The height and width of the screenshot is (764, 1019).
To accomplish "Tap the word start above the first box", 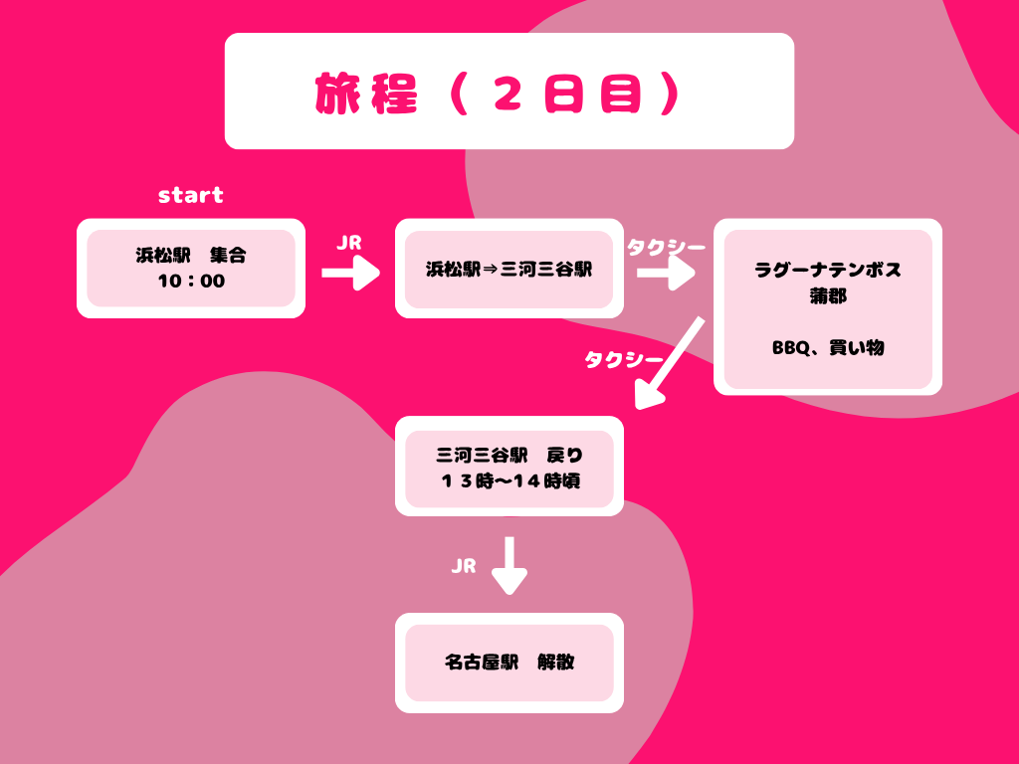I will [191, 195].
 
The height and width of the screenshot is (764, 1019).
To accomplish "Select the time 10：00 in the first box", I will [191, 282].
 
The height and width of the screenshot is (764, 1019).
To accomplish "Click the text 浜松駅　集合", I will [191, 256].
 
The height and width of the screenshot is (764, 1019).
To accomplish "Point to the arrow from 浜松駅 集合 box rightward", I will [350, 272].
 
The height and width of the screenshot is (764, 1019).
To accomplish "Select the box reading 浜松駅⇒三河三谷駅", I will [509, 269].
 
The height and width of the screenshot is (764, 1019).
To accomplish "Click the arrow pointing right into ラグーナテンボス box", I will [666, 273].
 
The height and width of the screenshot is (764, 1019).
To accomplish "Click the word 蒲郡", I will [828, 296].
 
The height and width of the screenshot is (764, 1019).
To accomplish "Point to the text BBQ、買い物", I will [828, 348].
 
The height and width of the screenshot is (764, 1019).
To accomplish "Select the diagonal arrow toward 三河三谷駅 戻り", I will [670, 363].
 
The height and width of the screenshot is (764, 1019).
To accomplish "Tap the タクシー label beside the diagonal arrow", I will [622, 360].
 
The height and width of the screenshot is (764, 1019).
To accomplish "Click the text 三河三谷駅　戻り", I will [509, 456].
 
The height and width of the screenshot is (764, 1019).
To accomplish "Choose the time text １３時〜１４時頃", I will [509, 481].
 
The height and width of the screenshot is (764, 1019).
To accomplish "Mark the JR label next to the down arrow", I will [464, 566].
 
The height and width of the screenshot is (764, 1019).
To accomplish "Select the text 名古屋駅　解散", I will [509, 663].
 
